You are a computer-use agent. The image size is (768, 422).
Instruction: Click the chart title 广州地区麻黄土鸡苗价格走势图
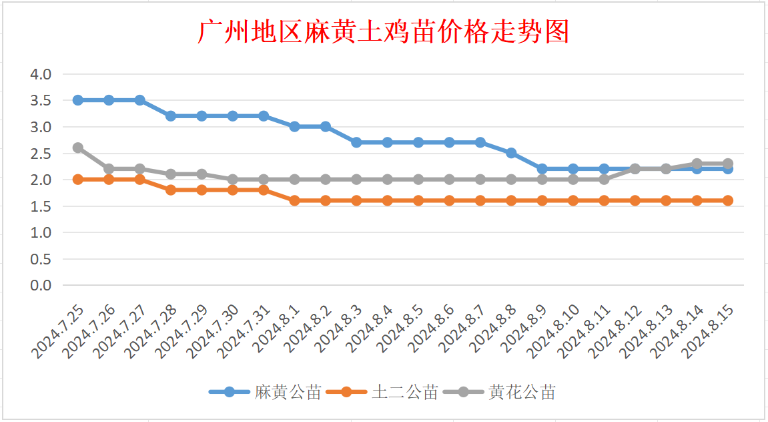coord(383,32)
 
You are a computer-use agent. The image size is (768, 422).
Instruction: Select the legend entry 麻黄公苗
coord(288,393)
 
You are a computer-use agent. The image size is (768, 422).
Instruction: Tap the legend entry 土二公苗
coord(404,393)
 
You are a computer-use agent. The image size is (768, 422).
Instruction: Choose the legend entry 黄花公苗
coord(521,393)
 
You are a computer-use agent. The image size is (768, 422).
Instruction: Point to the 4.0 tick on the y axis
coord(41,74)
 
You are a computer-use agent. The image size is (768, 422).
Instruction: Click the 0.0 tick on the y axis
coord(41,286)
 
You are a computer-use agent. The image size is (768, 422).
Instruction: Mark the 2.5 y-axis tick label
coord(41,154)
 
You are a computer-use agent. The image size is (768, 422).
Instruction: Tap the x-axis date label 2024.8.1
coord(279,327)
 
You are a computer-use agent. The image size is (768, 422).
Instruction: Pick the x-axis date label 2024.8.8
coord(495,327)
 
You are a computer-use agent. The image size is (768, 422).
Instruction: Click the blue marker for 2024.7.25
coord(78,100)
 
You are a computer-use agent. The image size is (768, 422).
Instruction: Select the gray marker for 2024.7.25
coord(78,148)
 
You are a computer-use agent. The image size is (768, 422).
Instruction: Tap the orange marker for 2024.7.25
coord(78,180)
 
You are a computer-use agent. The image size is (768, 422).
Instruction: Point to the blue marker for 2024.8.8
coord(511,153)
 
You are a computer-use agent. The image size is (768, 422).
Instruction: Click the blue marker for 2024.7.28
coord(171,116)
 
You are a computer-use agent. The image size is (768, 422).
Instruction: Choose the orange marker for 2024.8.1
coord(294,200)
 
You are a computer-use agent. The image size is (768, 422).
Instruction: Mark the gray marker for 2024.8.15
coord(728,164)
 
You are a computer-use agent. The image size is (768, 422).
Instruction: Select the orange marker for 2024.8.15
coord(728,200)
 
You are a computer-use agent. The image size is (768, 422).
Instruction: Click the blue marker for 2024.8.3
coord(356,142)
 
